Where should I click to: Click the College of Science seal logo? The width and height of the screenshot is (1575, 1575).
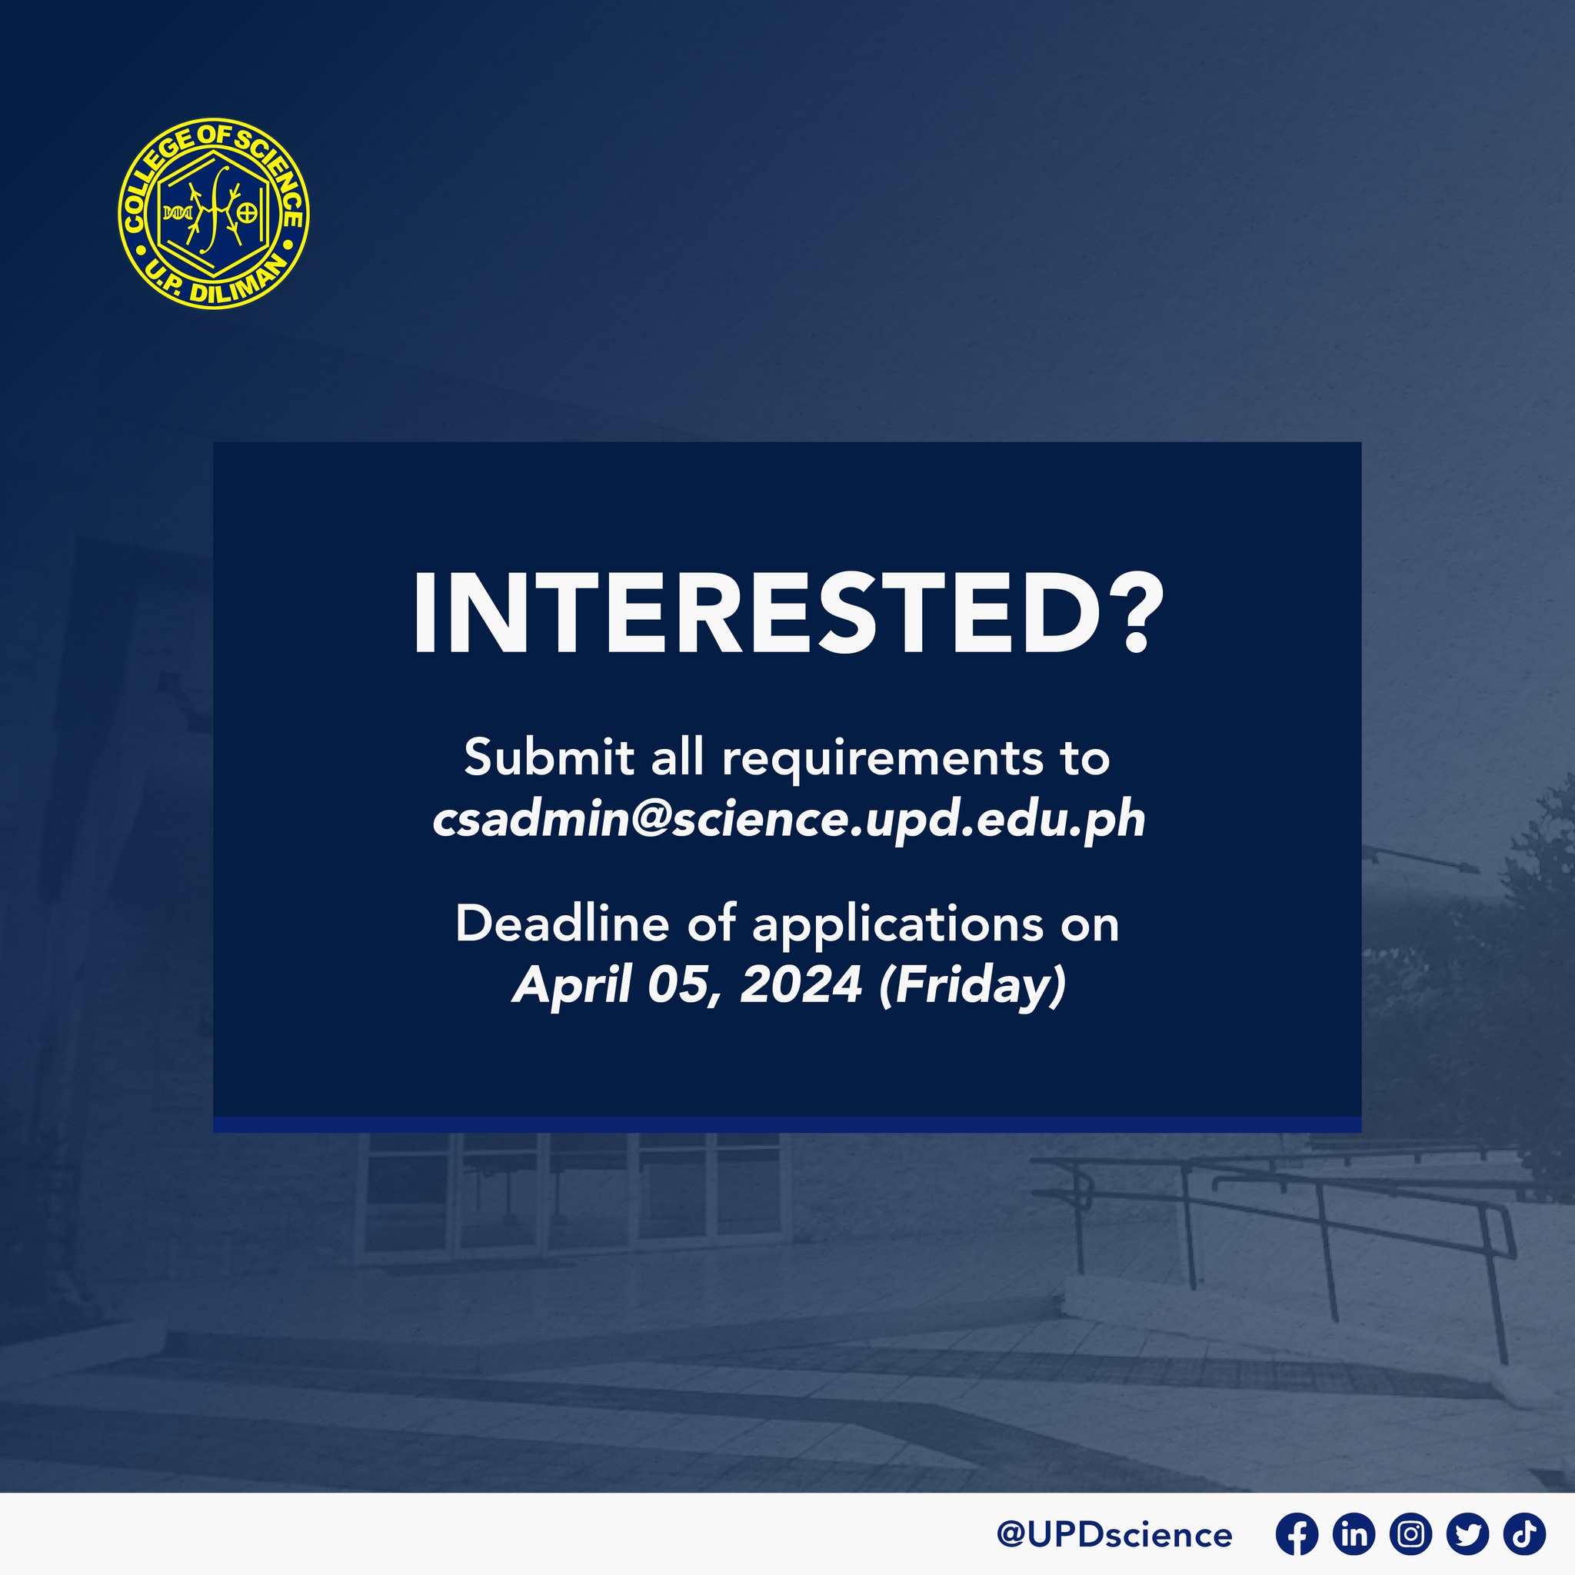click(214, 213)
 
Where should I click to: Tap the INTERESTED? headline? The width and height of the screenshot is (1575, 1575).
click(789, 614)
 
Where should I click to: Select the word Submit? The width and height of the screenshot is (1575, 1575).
click(548, 758)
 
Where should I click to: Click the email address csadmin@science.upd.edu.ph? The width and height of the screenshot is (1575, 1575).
click(788, 819)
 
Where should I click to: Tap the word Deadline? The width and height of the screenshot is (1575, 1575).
click(561, 924)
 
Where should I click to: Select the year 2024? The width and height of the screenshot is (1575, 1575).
click(801, 985)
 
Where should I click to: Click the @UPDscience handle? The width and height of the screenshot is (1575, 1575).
click(1114, 1535)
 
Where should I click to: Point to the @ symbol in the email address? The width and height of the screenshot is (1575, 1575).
click(650, 821)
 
